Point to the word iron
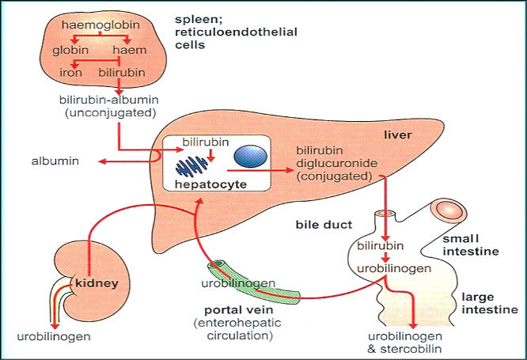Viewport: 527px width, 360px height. (x=70, y=73)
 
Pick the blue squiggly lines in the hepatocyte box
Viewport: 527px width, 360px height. (x=193, y=163)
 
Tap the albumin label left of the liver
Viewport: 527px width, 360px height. (x=51, y=161)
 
